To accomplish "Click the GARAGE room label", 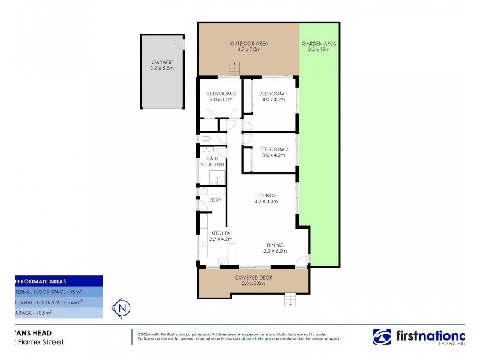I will click(x=162, y=62).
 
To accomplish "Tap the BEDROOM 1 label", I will click(x=274, y=94).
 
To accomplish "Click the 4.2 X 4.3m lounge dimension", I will click(x=266, y=202).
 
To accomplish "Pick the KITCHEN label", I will click(x=221, y=233).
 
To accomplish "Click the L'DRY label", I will click(x=215, y=200).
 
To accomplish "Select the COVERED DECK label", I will click(x=253, y=277).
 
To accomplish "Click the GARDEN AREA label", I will click(x=319, y=44).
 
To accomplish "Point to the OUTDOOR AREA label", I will click(x=249, y=44).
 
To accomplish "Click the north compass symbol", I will click(x=123, y=308).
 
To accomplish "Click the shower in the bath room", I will click(x=216, y=178).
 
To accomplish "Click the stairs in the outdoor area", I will click(x=233, y=69).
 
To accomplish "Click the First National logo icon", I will click(x=383, y=337).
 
